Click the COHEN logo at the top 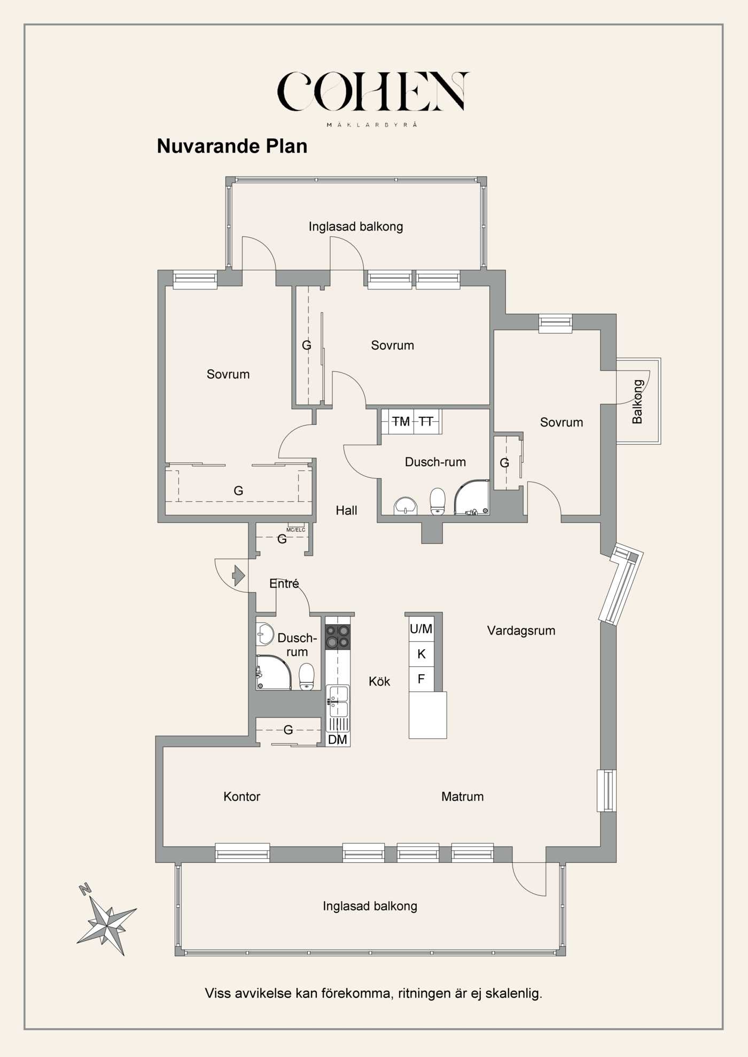373,92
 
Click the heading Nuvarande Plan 232,146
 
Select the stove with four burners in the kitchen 338,637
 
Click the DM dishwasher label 338,739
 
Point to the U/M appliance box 422,629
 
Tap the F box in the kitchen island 422,679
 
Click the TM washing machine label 400,422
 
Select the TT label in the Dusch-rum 426,422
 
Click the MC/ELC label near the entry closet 295,530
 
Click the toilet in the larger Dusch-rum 438,501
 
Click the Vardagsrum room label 521,630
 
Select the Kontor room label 241,796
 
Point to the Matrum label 462,796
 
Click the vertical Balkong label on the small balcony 637,401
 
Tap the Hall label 346,510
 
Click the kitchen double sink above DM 338,701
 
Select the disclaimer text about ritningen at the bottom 373,993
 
